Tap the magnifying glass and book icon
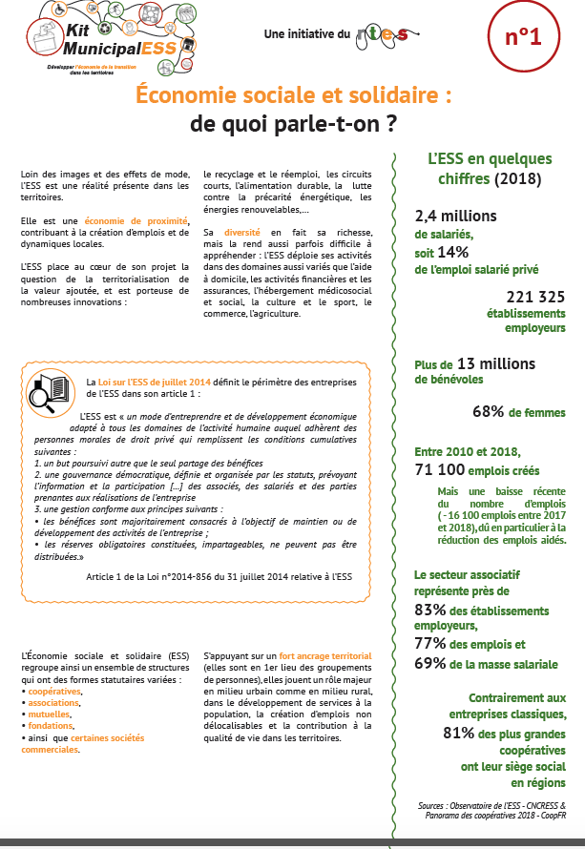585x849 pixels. (52, 392)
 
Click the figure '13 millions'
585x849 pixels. (496, 362)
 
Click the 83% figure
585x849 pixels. (430, 609)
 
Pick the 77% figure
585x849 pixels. (430, 644)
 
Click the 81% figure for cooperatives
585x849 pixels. (460, 734)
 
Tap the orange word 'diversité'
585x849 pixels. (241, 232)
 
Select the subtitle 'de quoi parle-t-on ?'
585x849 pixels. (293, 124)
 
